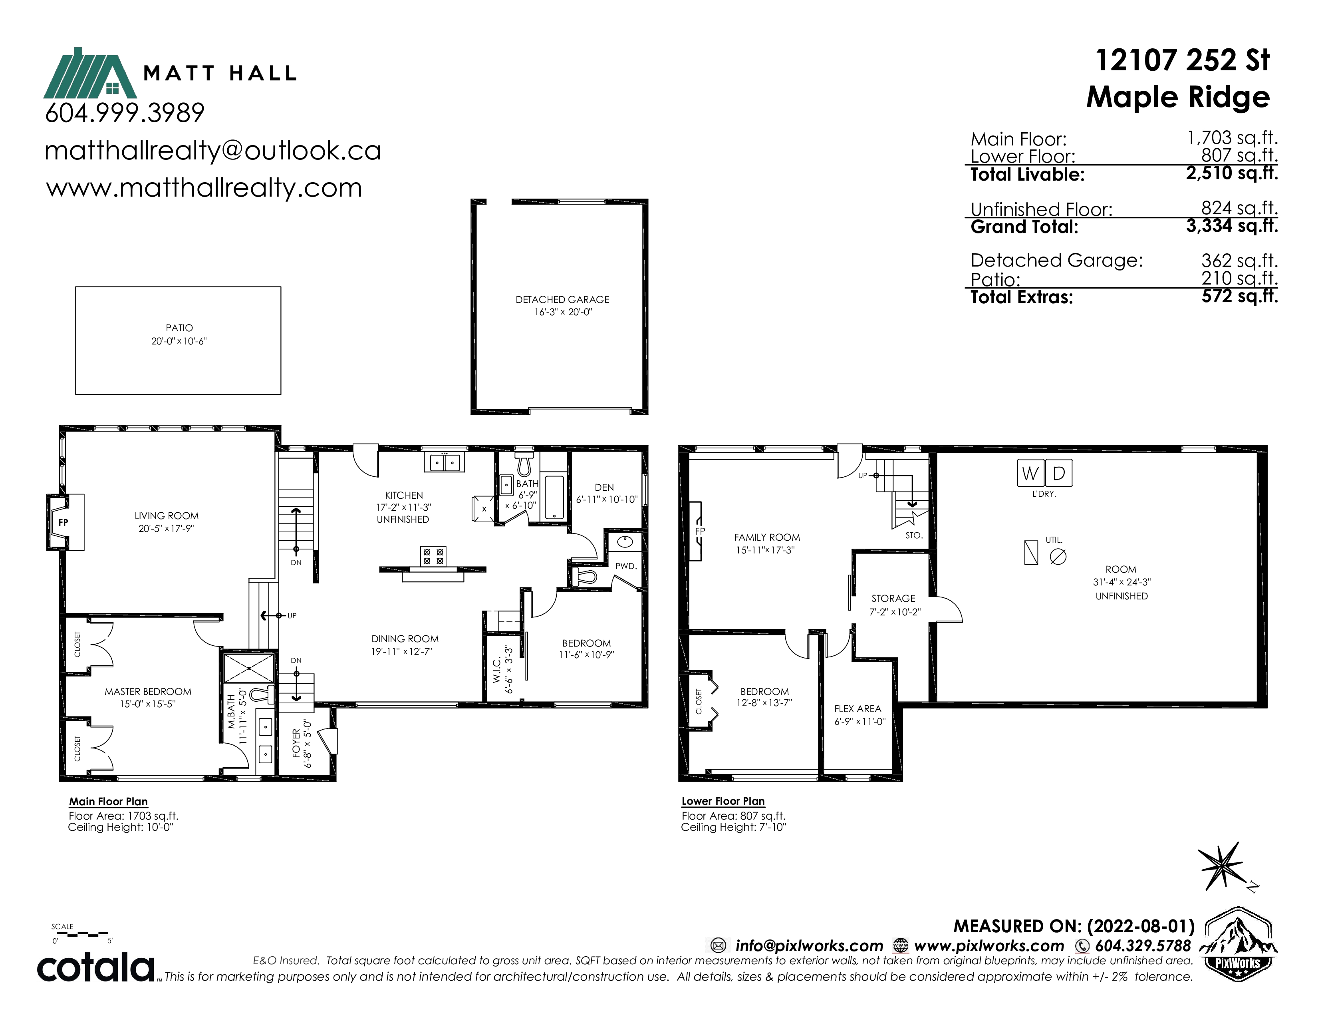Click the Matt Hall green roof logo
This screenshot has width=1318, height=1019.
tap(90, 73)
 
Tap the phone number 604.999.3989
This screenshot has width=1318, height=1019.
tap(125, 113)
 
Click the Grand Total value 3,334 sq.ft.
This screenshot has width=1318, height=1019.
tap(1232, 226)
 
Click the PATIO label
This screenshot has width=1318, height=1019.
tap(179, 328)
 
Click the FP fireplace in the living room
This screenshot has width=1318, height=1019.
tap(65, 522)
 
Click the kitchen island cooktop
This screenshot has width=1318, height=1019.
tap(433, 556)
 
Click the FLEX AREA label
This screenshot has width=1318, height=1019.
tap(857, 709)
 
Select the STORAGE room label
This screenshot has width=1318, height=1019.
tap(893, 598)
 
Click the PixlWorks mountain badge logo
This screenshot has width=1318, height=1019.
tap(1238, 943)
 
